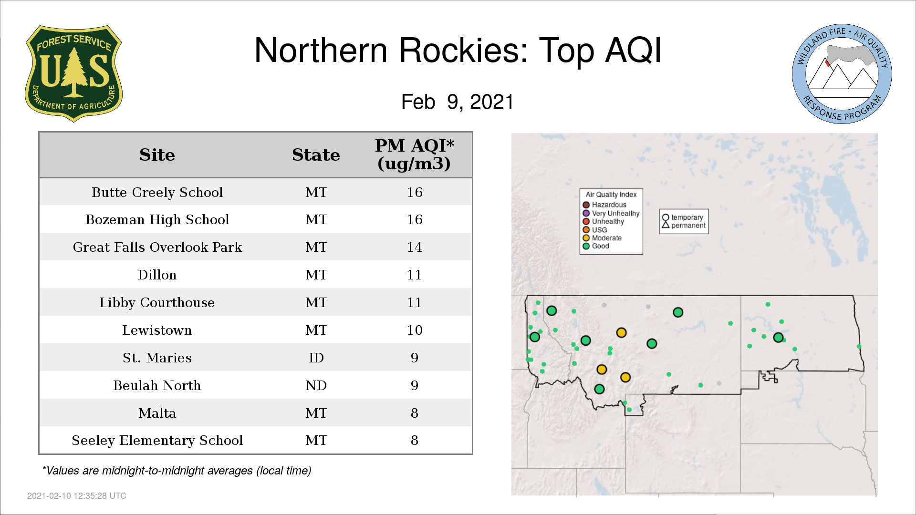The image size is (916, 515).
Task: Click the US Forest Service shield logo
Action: coord(73,74)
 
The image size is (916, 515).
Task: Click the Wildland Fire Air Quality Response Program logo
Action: coord(842,74)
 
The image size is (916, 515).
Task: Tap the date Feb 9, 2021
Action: coord(458,102)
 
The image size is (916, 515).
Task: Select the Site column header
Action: coord(157,155)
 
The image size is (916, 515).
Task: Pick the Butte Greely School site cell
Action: coord(157,192)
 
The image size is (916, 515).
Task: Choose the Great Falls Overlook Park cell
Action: coord(157,247)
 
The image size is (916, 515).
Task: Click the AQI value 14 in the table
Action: coord(414,247)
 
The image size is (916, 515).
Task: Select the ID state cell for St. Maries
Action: coord(316,358)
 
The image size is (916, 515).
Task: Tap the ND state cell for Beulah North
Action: coord(316,385)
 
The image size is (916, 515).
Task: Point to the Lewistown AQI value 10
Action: coord(414,330)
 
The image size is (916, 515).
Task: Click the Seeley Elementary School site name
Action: coord(157,440)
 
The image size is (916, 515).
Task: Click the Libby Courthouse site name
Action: coord(157,302)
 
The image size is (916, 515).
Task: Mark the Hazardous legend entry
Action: coord(604,205)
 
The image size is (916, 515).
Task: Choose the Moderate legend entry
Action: coord(602,238)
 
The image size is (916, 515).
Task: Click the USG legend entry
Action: coord(595,230)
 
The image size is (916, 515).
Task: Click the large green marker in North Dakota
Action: coord(778,338)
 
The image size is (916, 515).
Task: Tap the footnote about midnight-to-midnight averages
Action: coord(177,471)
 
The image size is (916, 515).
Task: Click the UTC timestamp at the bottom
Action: coord(77,496)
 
